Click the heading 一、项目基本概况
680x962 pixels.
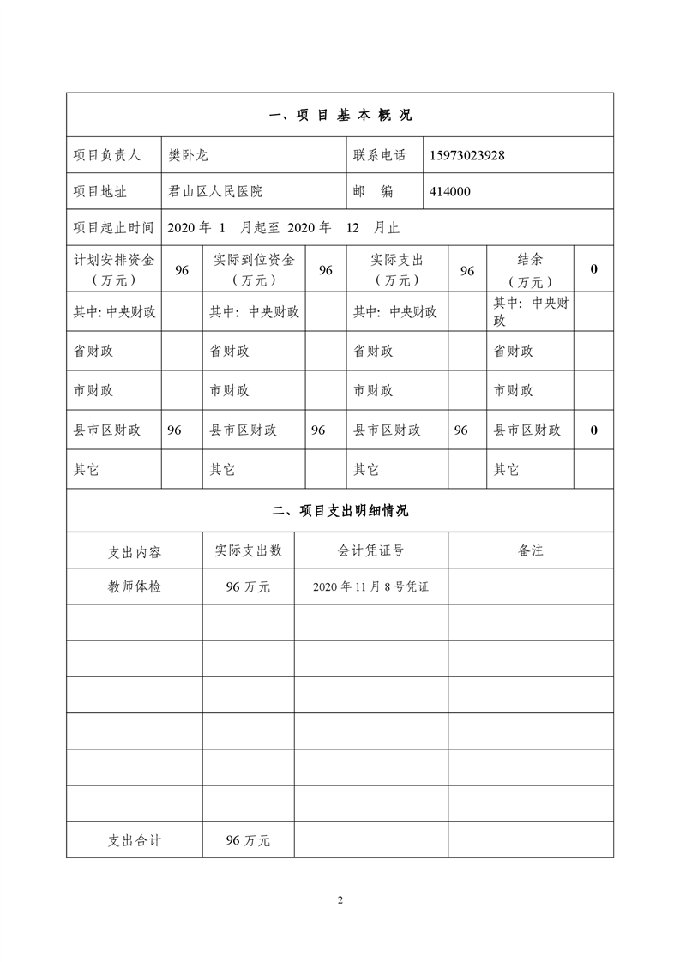[340, 115]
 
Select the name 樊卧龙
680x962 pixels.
[189, 155]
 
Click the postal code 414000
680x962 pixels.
[450, 191]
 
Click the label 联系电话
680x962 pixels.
[380, 155]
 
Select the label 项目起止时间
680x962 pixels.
[113, 227]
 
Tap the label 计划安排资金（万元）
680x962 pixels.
[113, 269]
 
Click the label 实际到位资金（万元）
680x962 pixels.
[253, 269]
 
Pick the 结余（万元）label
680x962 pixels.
[530, 269]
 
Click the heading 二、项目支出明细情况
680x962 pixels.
[340, 511]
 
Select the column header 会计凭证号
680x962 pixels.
[370, 550]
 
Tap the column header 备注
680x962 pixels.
[531, 550]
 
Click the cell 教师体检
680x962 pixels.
[134, 586]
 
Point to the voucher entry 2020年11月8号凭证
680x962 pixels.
[370, 587]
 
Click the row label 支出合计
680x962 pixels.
[134, 840]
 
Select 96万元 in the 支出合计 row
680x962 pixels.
[248, 841]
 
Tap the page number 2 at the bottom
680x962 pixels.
[340, 899]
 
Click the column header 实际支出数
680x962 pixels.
[248, 550]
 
